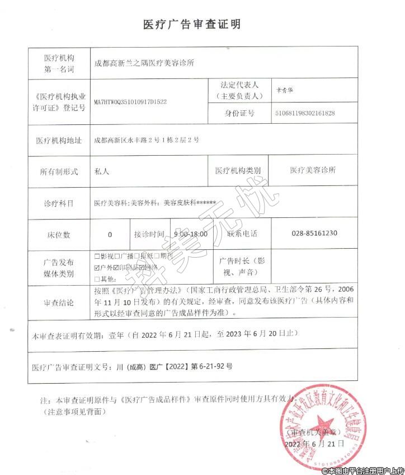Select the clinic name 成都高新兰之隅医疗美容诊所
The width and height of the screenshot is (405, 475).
144,63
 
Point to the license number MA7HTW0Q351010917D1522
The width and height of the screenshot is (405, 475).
130,103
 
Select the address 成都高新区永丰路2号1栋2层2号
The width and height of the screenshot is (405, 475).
146,139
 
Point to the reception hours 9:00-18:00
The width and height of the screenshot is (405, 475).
191,234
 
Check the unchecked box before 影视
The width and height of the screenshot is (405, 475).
97,256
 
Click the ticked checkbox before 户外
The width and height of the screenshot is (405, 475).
97,267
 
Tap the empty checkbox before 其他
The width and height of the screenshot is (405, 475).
97,278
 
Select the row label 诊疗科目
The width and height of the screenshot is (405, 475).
59,203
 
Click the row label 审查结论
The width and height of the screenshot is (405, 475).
59,303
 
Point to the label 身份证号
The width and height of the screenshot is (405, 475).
239,113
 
